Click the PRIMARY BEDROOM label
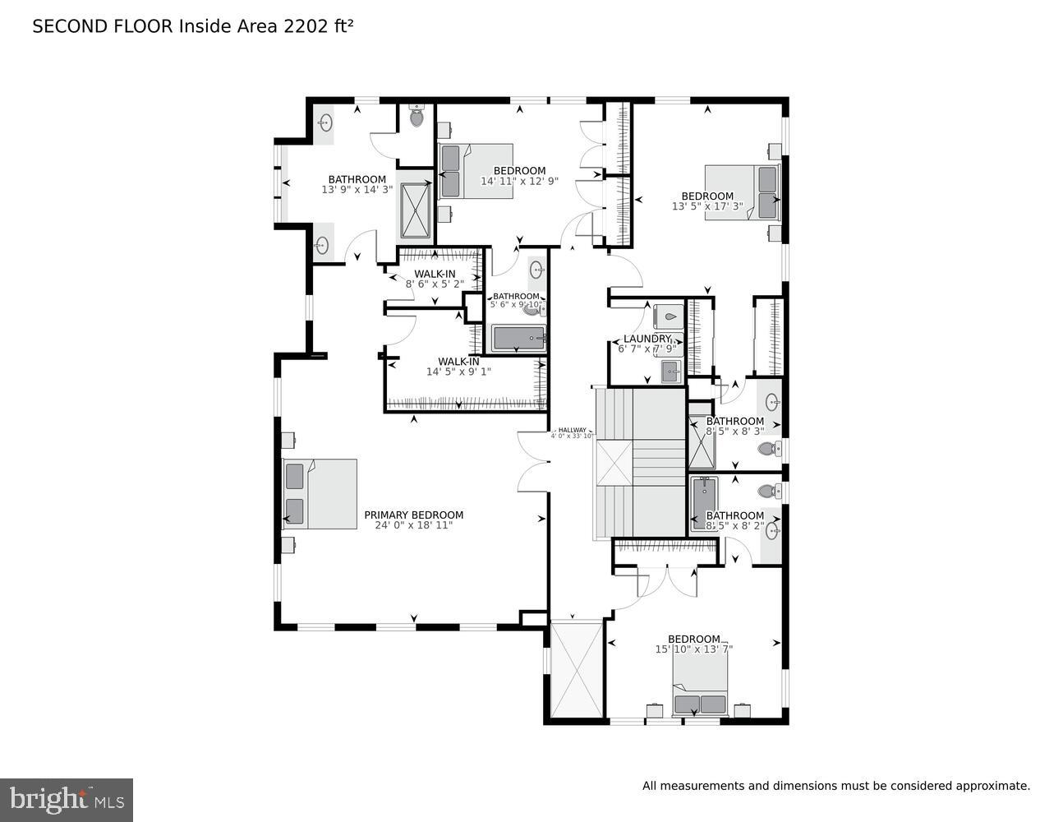(413, 515)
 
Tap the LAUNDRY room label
(647, 339)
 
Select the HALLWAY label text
(573, 430)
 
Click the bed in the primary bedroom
(320, 493)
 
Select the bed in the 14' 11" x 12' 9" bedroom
(476, 171)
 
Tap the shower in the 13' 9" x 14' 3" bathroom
(416, 210)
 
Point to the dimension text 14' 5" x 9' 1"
(458, 372)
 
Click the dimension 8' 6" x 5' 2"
(435, 284)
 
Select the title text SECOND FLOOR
(103, 26)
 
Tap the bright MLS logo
(67, 800)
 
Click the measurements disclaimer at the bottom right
(835, 786)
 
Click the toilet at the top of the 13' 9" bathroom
(416, 117)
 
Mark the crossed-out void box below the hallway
(576, 670)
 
